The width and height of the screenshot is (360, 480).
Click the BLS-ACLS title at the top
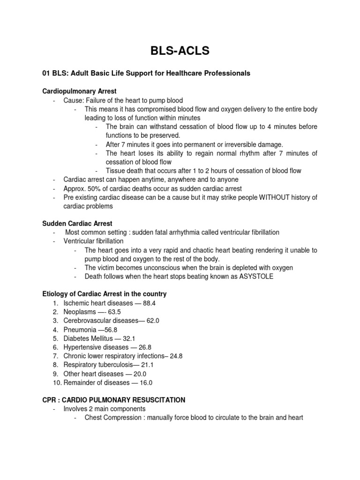click(x=180, y=51)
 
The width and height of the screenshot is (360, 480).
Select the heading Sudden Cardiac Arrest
click(x=77, y=223)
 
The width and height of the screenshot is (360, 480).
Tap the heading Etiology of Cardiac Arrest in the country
click(x=105, y=294)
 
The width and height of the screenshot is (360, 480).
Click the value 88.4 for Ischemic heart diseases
click(x=149, y=303)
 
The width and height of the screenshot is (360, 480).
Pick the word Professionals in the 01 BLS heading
click(x=225, y=73)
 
